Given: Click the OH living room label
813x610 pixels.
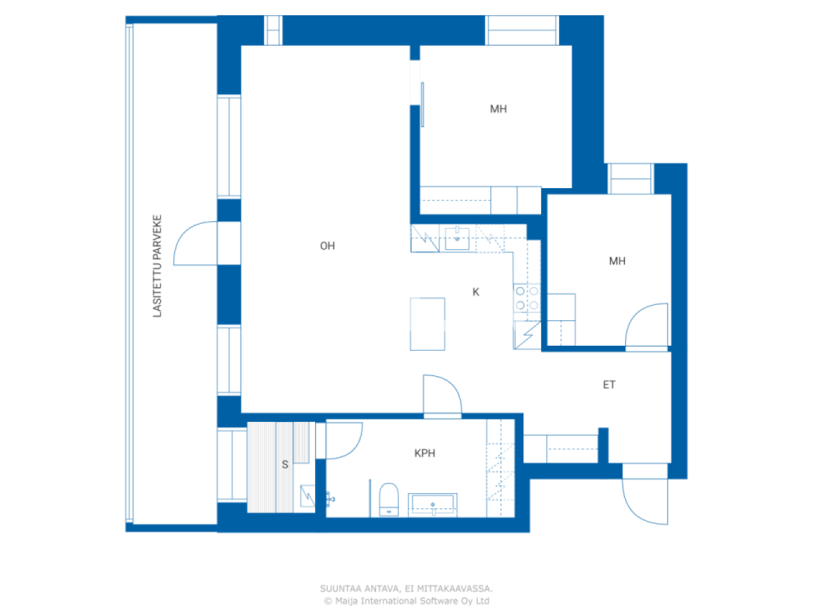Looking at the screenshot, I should (327, 246).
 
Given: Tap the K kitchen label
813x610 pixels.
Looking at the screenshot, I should (476, 292).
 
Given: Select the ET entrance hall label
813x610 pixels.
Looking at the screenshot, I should (609, 384).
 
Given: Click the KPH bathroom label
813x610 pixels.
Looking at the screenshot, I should (425, 453).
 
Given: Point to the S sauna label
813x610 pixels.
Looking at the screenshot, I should (285, 464).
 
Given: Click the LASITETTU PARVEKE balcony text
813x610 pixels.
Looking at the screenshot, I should (158, 266).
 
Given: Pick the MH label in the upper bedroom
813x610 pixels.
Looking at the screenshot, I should (499, 109).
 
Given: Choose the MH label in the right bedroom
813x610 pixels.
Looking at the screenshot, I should (617, 261).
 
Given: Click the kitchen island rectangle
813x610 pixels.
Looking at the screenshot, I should (427, 324).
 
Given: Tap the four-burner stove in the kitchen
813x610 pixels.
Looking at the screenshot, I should (527, 299).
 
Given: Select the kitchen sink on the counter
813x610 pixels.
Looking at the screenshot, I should (457, 239).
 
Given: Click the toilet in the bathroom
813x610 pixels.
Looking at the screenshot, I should (388, 499).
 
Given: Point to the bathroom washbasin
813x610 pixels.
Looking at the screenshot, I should (433, 505).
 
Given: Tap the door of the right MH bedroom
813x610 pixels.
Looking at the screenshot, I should (647, 327).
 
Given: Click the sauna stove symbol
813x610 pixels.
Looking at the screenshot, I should (307, 496).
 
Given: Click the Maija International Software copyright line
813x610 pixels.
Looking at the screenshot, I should (406, 600).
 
